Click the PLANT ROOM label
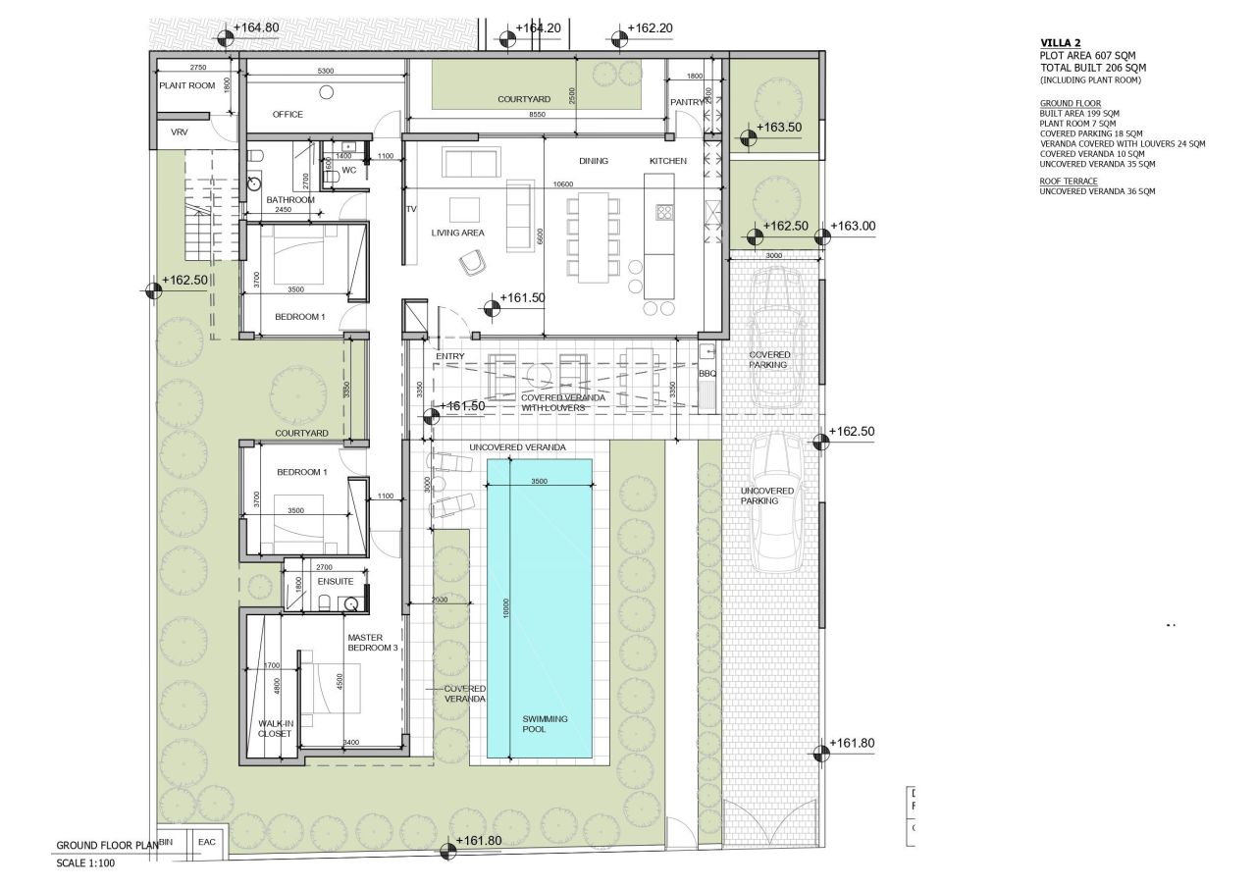click(186, 85)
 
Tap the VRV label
click(179, 131)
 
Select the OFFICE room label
click(288, 115)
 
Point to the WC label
click(348, 170)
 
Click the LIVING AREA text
click(459, 233)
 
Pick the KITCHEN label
click(667, 161)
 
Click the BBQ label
click(708, 374)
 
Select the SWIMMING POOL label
click(544, 724)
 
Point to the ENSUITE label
click(336, 582)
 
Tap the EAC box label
click(207, 841)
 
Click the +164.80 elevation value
click(258, 27)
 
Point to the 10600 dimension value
click(562, 183)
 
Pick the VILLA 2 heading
click(1062, 43)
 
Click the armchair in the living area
click(473, 261)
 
